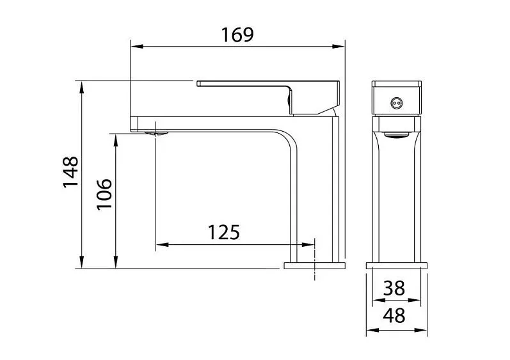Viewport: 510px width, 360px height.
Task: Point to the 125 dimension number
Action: tap(223, 231)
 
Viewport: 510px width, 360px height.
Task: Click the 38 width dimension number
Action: tap(394, 288)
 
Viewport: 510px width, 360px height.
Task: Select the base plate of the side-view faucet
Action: tap(314, 265)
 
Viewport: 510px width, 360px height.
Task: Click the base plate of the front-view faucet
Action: tap(397, 265)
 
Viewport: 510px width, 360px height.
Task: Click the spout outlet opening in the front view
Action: tap(397, 134)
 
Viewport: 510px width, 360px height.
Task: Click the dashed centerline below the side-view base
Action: tap(315, 275)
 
